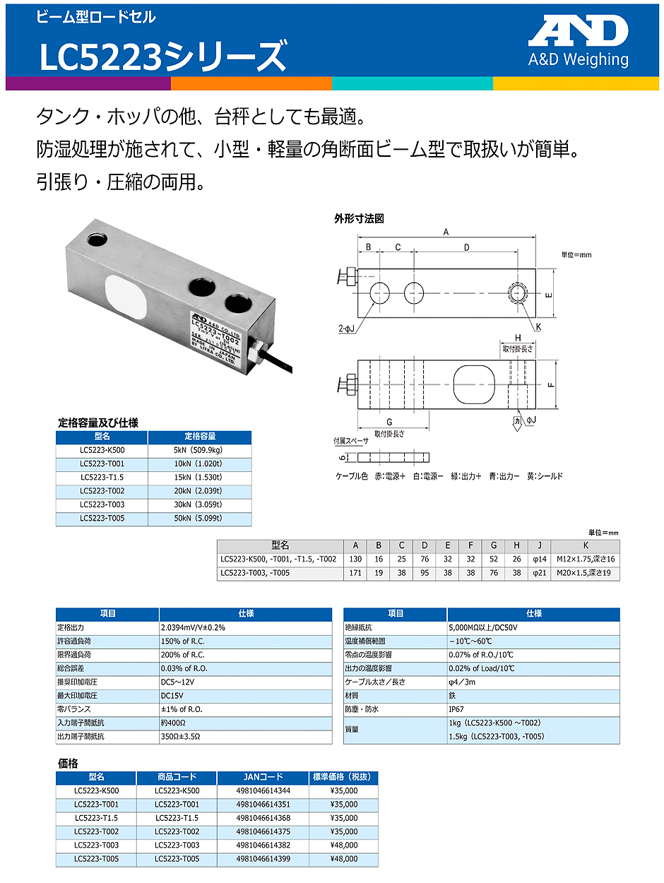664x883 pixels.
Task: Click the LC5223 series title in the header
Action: coord(163,57)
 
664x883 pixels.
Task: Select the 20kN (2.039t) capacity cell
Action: coord(199,491)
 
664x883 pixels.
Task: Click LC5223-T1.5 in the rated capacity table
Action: coord(102,478)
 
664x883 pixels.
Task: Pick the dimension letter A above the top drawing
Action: coord(446,231)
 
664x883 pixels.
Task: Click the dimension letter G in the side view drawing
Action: coord(390,422)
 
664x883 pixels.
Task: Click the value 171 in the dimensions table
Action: coord(356,573)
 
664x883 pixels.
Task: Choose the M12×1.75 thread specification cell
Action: coord(585,559)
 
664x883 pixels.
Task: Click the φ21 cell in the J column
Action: coord(540,573)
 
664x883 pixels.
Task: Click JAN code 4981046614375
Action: coord(263,831)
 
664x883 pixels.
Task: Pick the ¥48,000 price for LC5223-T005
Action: coord(343,858)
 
